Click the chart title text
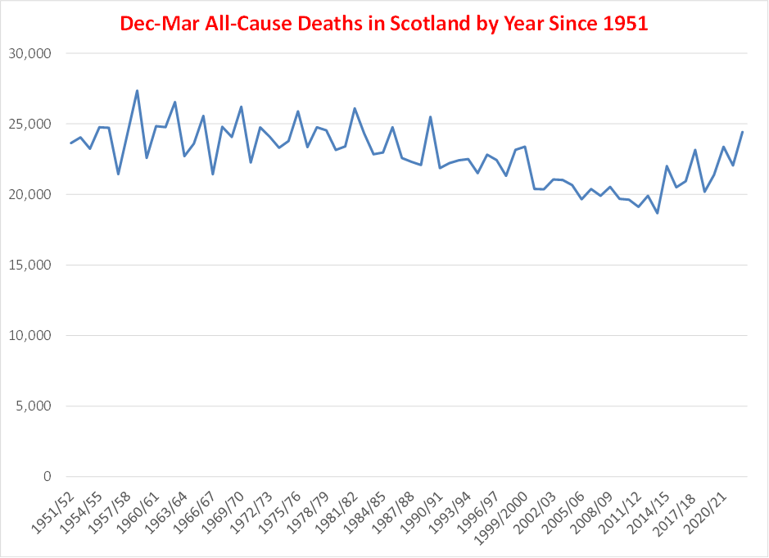click(x=384, y=23)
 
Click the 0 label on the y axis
click(x=47, y=477)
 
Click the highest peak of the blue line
click(x=137, y=91)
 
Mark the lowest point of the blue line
click(x=657, y=213)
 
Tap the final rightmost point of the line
click(x=742, y=132)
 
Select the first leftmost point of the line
click(x=71, y=143)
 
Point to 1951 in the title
click(x=626, y=23)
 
